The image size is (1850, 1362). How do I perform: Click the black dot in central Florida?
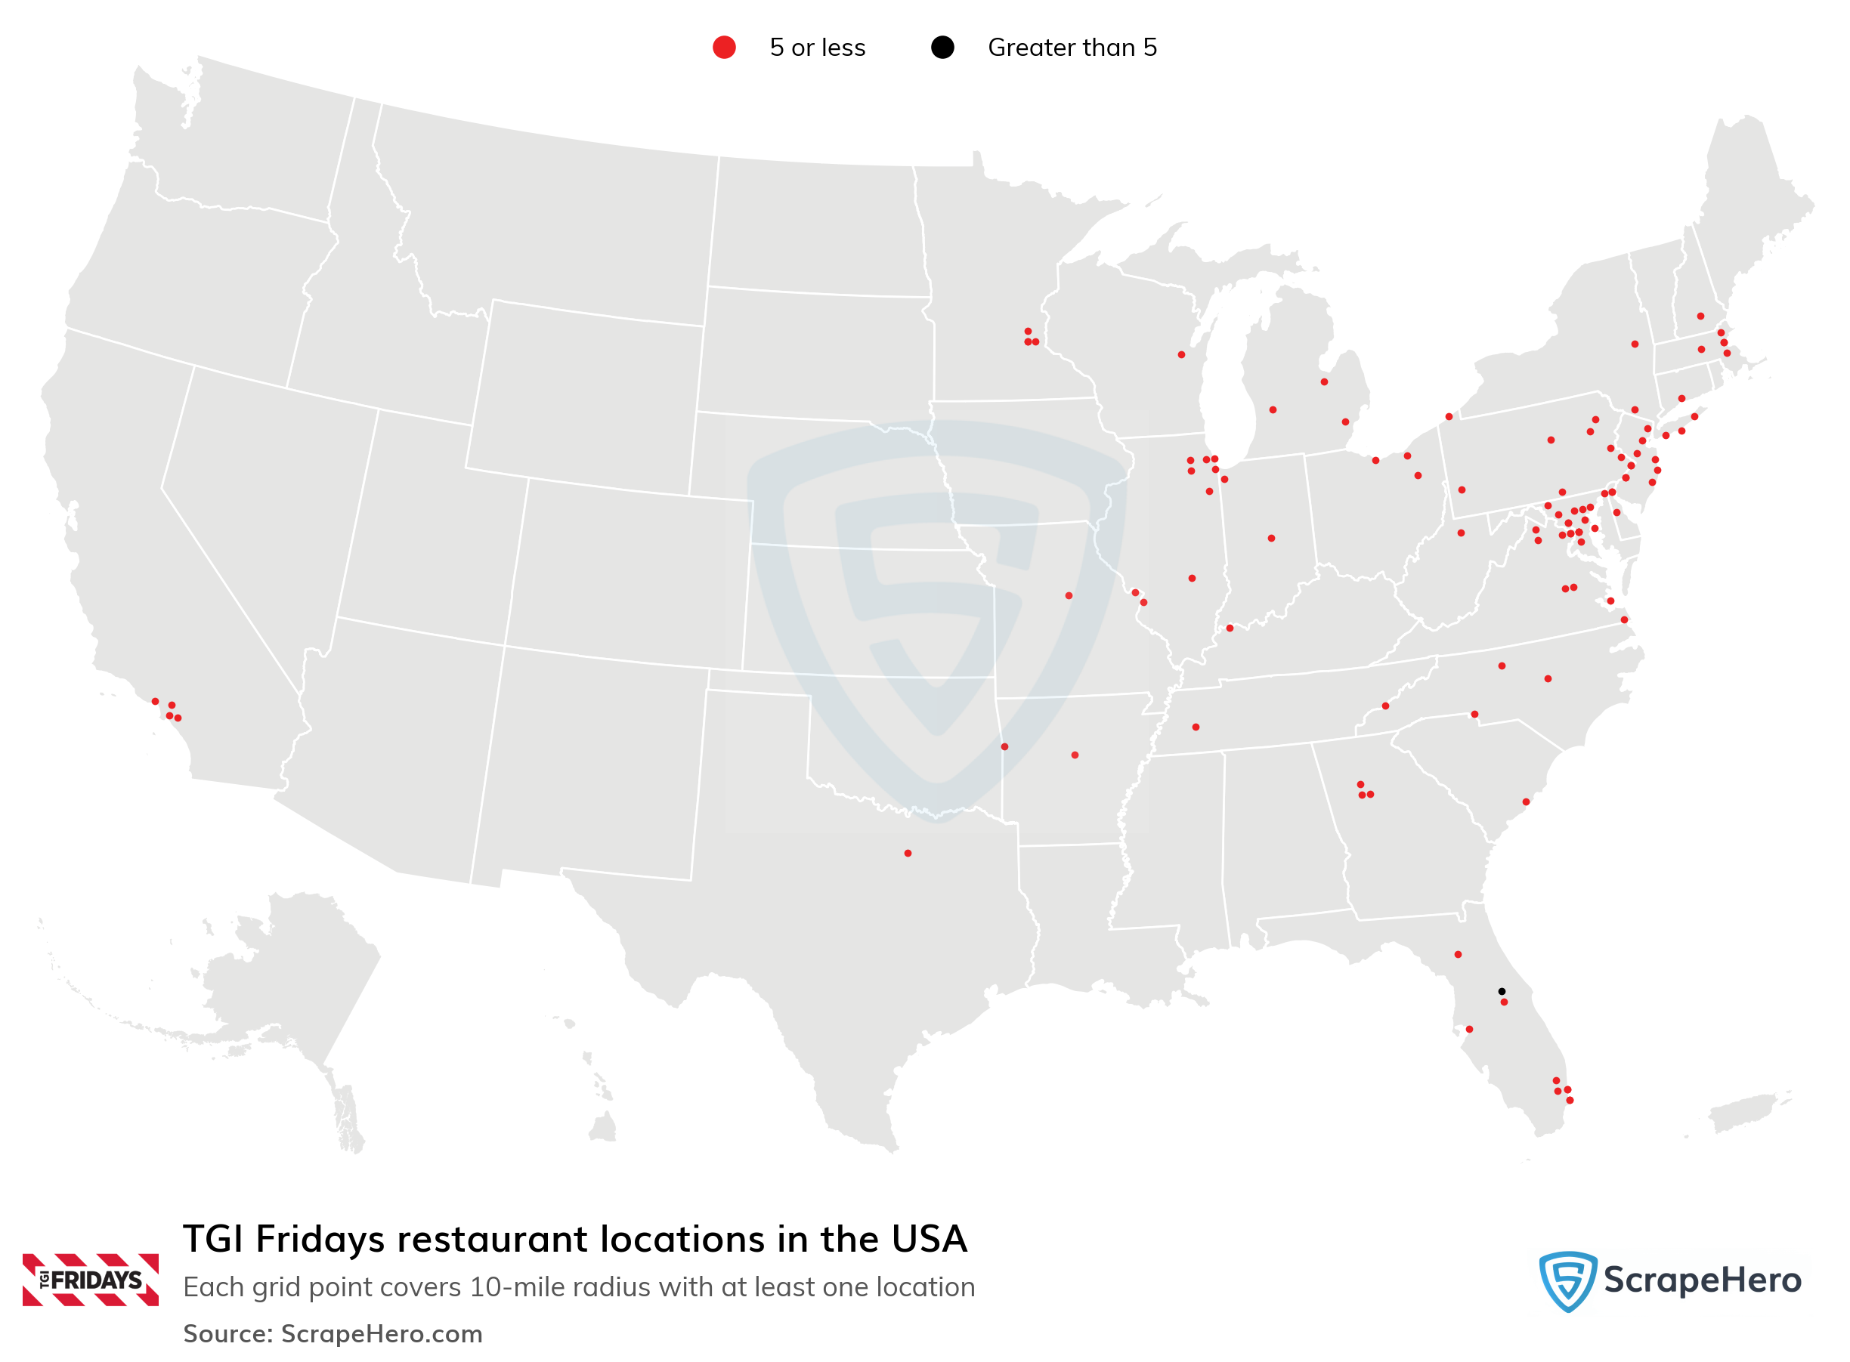[1501, 991]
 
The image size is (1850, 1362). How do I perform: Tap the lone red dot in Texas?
[908, 854]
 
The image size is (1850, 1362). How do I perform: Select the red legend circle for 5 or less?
[724, 48]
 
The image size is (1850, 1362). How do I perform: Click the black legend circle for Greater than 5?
[942, 48]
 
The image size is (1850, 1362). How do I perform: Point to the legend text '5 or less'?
[816, 48]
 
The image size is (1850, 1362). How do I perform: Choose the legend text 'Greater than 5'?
[1072, 48]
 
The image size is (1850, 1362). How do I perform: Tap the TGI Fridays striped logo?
[90, 1280]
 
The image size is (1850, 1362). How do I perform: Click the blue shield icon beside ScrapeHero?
[1567, 1280]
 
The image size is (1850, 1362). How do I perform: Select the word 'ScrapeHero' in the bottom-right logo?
[1702, 1280]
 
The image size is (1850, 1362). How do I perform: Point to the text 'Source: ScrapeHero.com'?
[333, 1333]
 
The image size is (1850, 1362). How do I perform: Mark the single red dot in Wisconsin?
[1181, 354]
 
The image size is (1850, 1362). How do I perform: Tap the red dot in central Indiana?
[1271, 539]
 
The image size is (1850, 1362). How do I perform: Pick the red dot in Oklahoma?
[1004, 747]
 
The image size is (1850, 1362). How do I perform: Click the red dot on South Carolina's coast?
[1526, 801]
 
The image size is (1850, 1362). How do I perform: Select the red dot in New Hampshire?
[1700, 317]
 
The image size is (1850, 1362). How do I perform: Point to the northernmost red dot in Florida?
[1457, 955]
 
